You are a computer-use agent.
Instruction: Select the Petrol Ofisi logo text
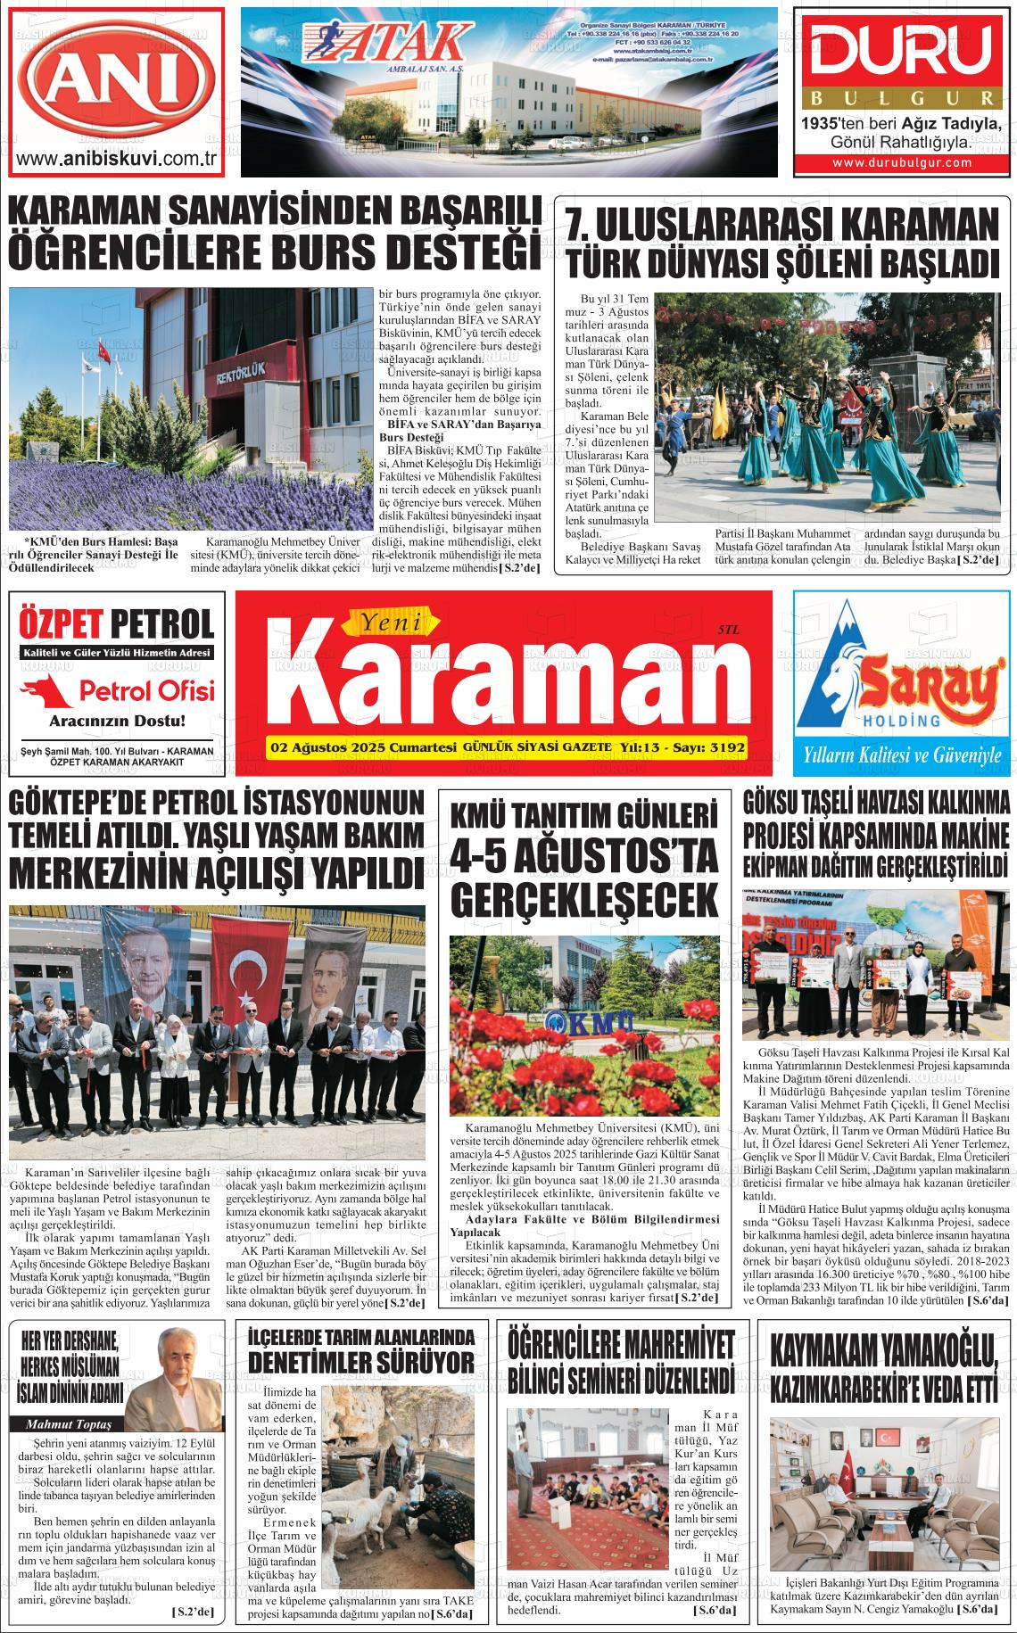click(x=146, y=690)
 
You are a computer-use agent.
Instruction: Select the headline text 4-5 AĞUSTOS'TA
click(x=584, y=857)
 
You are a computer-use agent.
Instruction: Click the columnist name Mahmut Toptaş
click(x=67, y=1423)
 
